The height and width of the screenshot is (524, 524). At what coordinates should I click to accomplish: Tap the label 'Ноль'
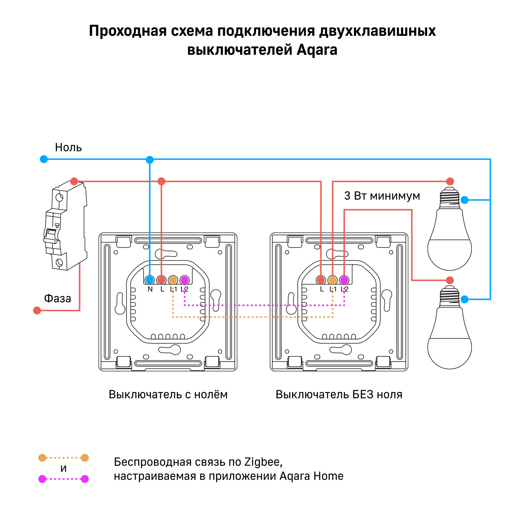click(x=68, y=147)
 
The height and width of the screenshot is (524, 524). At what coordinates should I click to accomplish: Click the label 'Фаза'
click(x=57, y=299)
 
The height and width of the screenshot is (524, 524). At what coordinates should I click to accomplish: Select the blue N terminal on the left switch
click(x=150, y=280)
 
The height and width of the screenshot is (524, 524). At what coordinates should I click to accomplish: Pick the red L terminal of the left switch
click(x=161, y=280)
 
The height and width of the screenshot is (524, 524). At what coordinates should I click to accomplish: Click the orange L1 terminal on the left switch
click(x=173, y=280)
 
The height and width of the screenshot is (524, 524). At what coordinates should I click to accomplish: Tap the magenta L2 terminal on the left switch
click(x=185, y=280)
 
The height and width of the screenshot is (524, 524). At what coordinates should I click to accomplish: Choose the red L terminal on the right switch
click(x=321, y=280)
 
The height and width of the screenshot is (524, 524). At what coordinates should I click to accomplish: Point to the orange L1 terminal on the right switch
click(x=333, y=280)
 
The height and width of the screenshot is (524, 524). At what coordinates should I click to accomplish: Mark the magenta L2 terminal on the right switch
click(x=344, y=280)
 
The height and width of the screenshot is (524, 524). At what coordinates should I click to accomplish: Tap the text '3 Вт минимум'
click(x=382, y=196)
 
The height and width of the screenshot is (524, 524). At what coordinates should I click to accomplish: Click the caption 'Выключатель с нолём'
click(x=168, y=394)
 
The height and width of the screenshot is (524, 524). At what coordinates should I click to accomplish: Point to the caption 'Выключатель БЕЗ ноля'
click(x=339, y=394)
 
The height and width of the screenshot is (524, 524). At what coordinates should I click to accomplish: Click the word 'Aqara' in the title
click(x=317, y=50)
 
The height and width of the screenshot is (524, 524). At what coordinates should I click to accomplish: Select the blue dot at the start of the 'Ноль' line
click(x=44, y=159)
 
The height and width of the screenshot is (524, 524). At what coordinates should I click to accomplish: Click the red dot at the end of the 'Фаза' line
click(x=37, y=310)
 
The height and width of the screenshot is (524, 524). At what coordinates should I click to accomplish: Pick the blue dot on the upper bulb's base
click(x=465, y=200)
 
